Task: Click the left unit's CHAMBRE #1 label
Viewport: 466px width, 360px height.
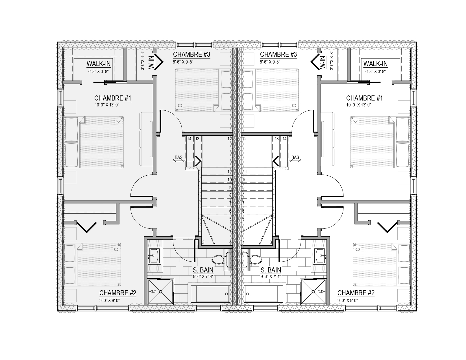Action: pos(113,98)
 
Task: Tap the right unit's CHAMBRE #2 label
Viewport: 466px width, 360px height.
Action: pos(356,293)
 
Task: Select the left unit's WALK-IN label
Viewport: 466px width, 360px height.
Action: pos(99,64)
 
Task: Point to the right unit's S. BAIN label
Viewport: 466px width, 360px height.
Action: pos(271,270)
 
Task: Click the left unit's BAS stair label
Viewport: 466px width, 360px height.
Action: pos(178,157)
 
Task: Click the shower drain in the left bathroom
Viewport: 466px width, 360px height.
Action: pos(161,292)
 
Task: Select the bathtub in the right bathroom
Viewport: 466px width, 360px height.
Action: pos(265,294)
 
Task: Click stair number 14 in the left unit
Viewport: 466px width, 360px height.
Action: pos(189,139)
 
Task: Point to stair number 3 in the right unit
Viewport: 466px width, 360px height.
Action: pos(271,243)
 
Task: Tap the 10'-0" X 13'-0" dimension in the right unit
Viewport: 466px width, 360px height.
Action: pos(359,105)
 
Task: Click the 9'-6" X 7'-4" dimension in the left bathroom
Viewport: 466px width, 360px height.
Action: pos(203,277)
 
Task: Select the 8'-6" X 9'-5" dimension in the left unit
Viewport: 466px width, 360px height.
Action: pos(183,62)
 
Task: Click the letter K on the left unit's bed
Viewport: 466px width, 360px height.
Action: pos(118,122)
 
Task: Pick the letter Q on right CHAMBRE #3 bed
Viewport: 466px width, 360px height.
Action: pos(294,105)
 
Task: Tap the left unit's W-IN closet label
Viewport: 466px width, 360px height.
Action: pos(151,62)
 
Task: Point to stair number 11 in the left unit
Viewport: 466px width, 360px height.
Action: pos(229,172)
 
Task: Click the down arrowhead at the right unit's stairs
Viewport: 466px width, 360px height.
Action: pos(276,161)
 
